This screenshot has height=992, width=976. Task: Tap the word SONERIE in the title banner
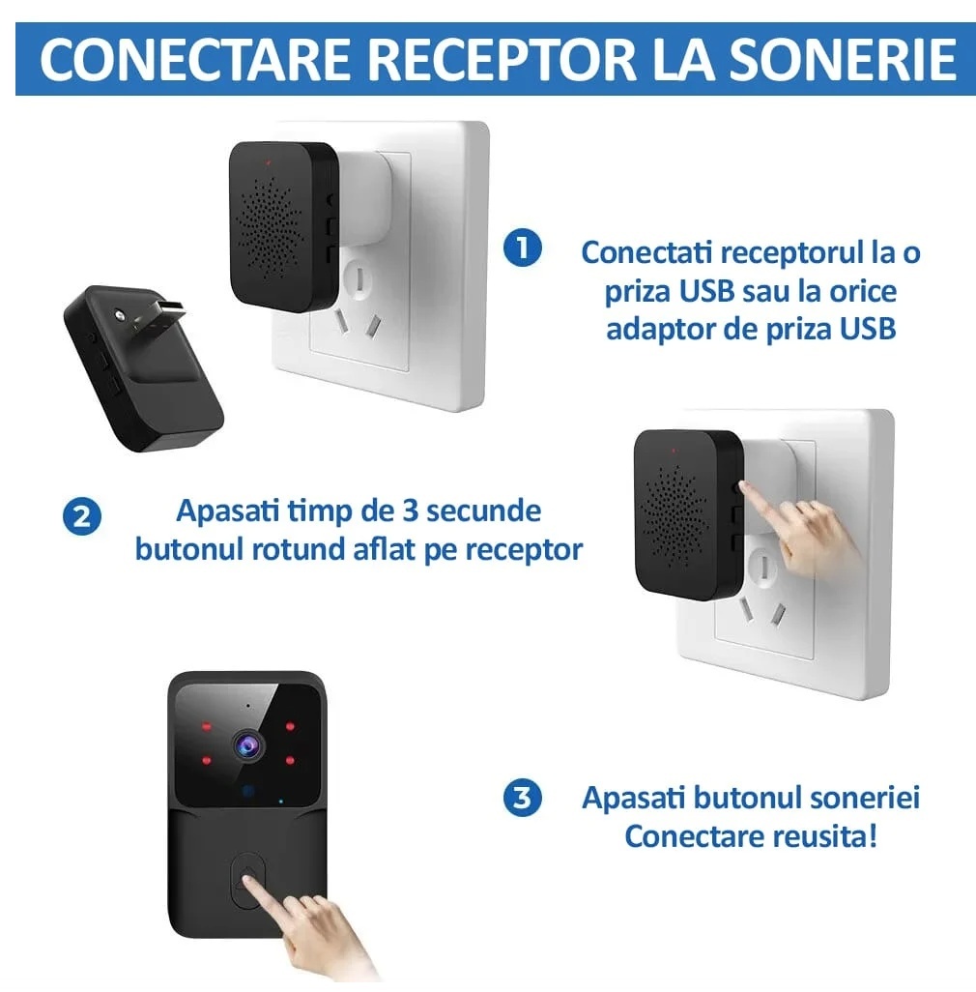(x=844, y=60)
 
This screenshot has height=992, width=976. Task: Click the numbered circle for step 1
(x=522, y=248)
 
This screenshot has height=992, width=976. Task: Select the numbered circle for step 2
(x=82, y=517)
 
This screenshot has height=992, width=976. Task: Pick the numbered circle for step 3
(x=522, y=798)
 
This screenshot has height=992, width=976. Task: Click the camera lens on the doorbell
(x=247, y=745)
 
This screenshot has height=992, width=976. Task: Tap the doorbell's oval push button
(x=247, y=881)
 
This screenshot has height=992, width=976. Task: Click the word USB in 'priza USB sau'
(x=706, y=292)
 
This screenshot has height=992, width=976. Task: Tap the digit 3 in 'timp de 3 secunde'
(x=411, y=511)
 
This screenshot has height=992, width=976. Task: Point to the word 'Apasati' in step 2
(x=227, y=512)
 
